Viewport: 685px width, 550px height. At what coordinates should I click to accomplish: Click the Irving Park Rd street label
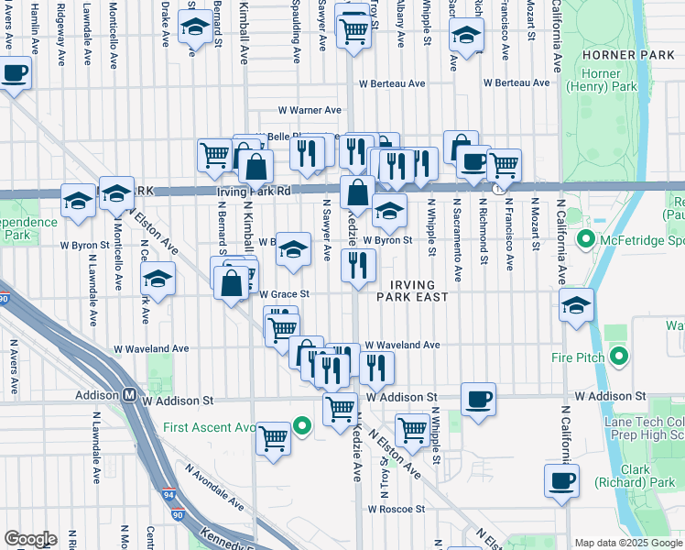coord(254,192)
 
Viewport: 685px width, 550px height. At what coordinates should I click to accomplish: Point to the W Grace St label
coord(285,295)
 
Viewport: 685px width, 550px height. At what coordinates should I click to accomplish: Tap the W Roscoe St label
coord(397,509)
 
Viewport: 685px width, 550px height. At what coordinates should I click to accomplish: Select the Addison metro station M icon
coord(130,396)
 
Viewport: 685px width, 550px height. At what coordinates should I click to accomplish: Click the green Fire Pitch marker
coord(620,357)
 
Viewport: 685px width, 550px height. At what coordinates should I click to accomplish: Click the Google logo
coord(30,539)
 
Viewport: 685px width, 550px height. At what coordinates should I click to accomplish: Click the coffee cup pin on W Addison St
coord(478,399)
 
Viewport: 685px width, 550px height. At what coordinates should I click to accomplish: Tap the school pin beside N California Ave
coord(576,307)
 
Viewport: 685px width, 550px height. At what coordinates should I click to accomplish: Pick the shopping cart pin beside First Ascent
coord(273,438)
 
